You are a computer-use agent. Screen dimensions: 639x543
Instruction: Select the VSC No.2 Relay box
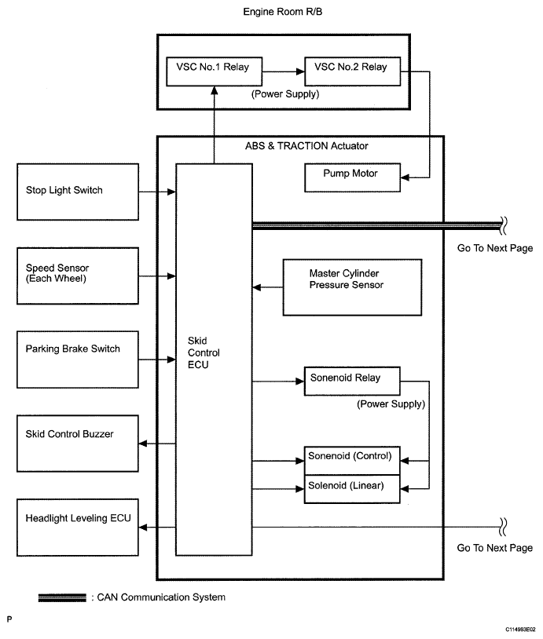click(351, 70)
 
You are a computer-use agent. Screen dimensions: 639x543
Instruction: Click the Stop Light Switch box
click(77, 191)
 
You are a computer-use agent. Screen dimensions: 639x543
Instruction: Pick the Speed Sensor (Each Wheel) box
click(77, 276)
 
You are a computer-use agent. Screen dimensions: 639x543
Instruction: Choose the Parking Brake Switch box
click(77, 359)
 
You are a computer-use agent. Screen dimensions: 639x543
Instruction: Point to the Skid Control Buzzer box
click(77, 444)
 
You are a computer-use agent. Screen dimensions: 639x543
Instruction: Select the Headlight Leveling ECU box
click(77, 528)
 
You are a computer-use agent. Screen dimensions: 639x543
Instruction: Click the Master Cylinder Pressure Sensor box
click(351, 287)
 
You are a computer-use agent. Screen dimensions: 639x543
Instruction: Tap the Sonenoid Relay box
click(351, 381)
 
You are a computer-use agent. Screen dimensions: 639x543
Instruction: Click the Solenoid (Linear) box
click(352, 487)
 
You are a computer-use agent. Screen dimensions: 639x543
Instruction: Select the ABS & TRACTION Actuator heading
click(300, 146)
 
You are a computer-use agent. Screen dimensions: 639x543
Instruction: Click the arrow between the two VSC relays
click(284, 71)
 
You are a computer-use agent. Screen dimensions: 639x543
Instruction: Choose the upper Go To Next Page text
click(494, 249)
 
